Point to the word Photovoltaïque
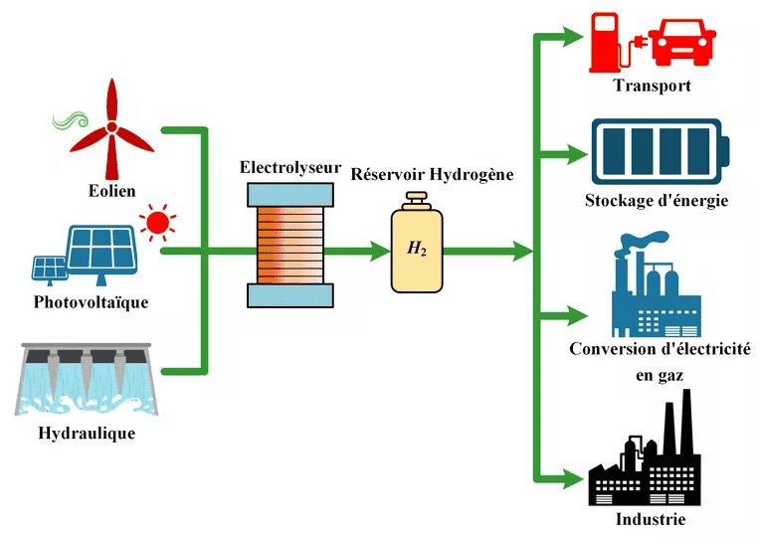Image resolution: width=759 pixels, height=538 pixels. [x=91, y=301]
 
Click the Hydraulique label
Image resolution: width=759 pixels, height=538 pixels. [x=86, y=434]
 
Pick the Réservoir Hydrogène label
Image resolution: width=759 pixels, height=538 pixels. [x=433, y=174]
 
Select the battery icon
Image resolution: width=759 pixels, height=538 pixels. [x=660, y=150]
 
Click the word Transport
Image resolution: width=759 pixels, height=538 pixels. [x=653, y=86]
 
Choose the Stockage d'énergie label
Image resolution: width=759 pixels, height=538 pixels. [x=657, y=201]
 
